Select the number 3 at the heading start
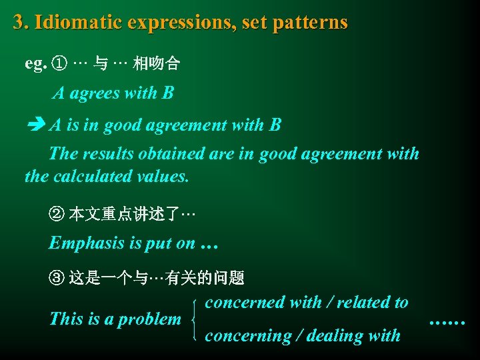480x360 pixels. [x=18, y=23]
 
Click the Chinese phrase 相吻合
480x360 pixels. [x=156, y=64]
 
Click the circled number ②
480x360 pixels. [x=57, y=215]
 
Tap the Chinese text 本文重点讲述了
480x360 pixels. [x=124, y=215]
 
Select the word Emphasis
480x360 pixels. [x=86, y=243]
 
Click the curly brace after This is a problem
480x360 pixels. [x=193, y=319]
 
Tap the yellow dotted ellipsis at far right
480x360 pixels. [x=447, y=321]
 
